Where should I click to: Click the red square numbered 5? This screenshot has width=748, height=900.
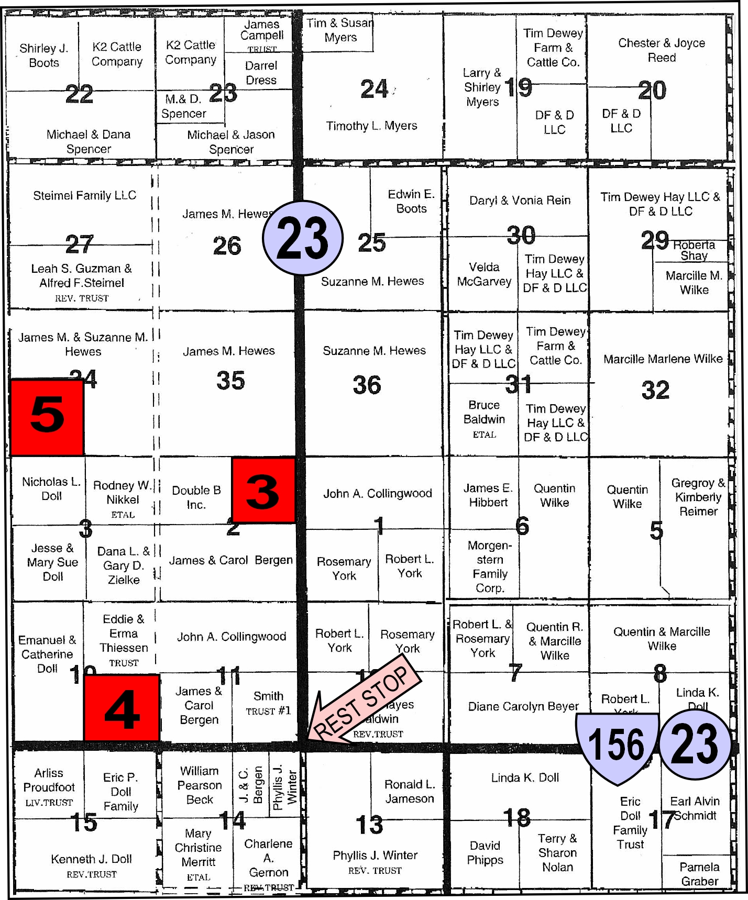coord(47,417)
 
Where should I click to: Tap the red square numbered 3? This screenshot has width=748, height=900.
coord(263,490)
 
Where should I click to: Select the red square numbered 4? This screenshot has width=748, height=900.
coord(122,708)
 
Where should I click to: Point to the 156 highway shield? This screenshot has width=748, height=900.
coord(617,746)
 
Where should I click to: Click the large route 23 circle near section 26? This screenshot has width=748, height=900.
coord(303,238)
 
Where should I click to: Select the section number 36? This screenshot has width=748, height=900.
coord(367,385)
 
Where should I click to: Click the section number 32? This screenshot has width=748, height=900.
coord(655,390)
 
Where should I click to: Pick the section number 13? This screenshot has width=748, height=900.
coord(369,825)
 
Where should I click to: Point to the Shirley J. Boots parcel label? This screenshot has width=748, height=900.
coord(44,55)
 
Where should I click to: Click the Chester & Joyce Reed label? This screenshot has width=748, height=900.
coord(662,50)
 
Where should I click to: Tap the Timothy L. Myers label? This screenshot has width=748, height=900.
coord(371,126)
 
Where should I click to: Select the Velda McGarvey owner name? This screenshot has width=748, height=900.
coord(484,274)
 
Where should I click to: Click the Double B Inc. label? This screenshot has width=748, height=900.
coord(196,497)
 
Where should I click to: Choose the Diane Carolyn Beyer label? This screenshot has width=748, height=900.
coord(523,706)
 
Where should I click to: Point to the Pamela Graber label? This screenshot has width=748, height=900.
coord(699,874)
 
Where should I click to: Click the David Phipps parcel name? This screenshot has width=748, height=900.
coord(485,853)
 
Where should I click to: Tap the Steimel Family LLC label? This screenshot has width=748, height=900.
coord(84,195)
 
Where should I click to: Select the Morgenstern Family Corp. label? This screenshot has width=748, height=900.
coord(490,566)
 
